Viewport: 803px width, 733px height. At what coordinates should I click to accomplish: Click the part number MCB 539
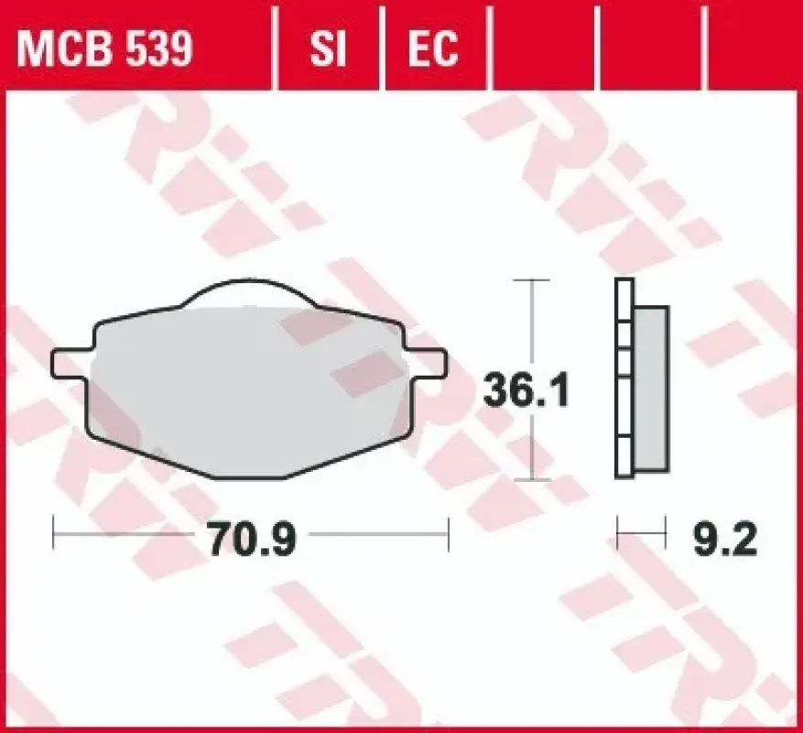(104, 49)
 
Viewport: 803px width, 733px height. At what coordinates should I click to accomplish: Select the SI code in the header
(329, 49)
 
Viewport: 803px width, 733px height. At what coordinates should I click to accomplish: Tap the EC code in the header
(433, 49)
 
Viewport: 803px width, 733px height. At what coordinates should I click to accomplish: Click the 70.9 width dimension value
(253, 537)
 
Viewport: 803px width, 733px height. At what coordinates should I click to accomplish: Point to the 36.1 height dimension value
(526, 390)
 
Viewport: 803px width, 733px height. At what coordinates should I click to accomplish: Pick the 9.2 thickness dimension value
(724, 537)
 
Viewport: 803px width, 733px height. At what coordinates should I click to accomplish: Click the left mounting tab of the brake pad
(71, 364)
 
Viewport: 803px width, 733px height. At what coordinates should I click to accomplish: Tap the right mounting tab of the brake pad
(427, 364)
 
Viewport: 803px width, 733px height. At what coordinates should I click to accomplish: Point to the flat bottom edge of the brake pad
(249, 477)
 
